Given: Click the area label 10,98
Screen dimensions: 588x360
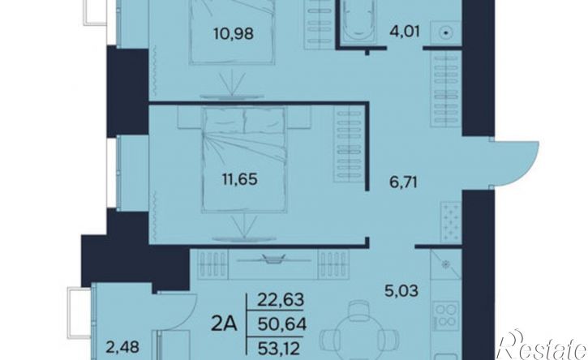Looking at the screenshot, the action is click(234, 34).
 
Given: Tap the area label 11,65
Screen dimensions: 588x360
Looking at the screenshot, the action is click(239, 179).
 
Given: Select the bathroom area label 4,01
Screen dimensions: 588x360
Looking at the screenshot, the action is click(404, 31).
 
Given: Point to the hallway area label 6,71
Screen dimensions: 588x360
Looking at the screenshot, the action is click(404, 183).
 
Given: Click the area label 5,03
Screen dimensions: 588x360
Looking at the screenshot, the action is click(401, 290).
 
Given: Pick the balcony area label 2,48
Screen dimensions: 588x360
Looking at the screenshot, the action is click(122, 347).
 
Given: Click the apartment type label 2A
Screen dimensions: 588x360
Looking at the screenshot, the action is click(224, 324).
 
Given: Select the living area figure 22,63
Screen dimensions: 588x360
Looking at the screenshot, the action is click(281, 300).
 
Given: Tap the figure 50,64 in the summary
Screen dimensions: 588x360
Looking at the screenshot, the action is click(282, 324).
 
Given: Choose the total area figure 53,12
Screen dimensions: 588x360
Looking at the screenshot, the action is click(279, 349).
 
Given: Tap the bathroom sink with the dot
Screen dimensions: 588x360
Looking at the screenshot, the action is click(446, 33).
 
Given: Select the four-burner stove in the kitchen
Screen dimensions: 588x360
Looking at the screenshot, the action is click(446, 315).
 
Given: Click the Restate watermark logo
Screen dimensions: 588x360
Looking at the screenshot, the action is click(542, 345).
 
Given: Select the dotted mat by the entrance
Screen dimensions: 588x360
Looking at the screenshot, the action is click(451, 221).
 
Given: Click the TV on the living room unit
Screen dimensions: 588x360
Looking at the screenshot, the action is click(274, 259).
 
